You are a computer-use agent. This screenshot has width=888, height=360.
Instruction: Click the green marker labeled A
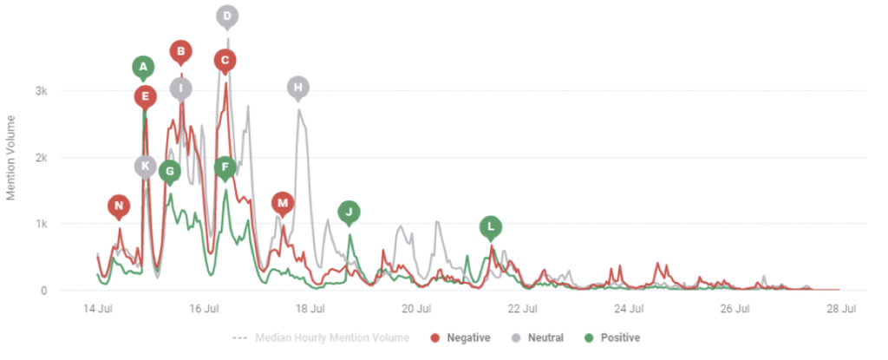tap(144, 67)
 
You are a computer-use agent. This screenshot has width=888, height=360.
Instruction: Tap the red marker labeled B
tap(180, 51)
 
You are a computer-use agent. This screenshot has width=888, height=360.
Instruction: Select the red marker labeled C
tap(225, 60)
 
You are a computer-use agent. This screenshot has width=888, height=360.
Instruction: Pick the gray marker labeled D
tap(227, 16)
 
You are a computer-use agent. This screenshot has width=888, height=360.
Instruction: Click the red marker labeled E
tap(145, 96)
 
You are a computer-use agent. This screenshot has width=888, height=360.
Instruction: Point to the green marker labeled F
tap(225, 167)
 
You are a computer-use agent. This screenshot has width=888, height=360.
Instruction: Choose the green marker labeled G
tap(170, 171)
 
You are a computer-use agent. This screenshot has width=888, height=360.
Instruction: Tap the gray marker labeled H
tap(298, 87)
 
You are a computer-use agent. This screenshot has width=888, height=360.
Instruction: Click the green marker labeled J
tap(349, 211)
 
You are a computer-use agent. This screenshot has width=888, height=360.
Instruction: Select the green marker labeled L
tap(491, 227)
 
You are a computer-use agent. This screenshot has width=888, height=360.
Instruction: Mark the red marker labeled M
tap(282, 203)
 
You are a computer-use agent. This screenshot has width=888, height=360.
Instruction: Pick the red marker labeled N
tap(120, 206)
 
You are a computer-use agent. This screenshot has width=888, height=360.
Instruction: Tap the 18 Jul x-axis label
tap(310, 308)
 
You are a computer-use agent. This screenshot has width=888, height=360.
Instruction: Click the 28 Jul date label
tap(840, 308)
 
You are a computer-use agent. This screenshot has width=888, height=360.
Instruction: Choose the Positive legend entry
tap(613, 337)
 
